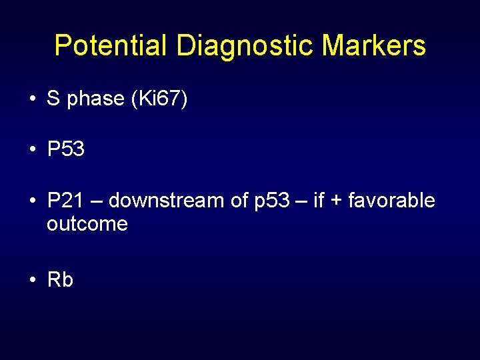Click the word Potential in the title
tap(111, 46)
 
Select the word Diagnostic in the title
tap(245, 46)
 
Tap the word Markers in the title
tap(373, 46)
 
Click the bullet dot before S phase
tap(32, 99)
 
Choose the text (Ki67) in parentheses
tap(160, 100)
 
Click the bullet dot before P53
tap(32, 150)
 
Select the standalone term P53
tap(66, 150)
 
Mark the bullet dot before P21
tap(32, 201)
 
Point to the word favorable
tap(393, 201)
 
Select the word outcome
tap(87, 224)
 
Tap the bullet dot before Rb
tap(32, 280)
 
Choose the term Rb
tap(60, 280)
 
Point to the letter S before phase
tap(53, 99)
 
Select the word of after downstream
tap(239, 201)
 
